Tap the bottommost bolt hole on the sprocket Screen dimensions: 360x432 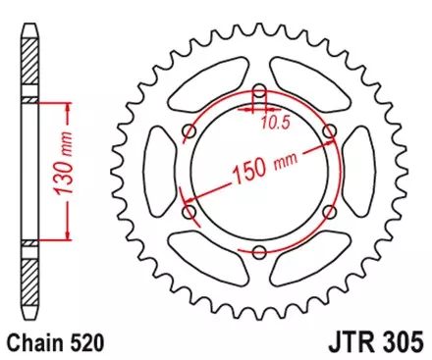click(x=259, y=253)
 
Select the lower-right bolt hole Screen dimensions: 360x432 click(x=330, y=213)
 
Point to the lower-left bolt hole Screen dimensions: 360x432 click(x=189, y=213)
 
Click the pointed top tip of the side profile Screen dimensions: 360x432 click(x=29, y=24)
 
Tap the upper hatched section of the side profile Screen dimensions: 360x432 click(x=29, y=100)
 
